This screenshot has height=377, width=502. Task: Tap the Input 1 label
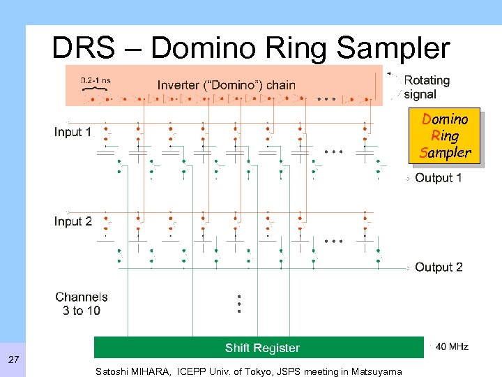[x=73, y=132]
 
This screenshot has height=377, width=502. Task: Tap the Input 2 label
[x=73, y=221]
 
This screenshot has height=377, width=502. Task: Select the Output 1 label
[x=439, y=178]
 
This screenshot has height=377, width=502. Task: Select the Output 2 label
[x=439, y=267]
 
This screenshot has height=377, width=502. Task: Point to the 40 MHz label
[x=452, y=347]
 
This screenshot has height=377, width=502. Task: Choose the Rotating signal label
[x=427, y=87]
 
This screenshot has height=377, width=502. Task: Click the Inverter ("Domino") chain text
[x=227, y=85]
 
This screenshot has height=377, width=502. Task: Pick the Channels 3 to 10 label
[x=82, y=304]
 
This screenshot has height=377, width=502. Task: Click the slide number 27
[x=13, y=360]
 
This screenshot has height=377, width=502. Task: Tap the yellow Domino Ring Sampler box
[x=446, y=135]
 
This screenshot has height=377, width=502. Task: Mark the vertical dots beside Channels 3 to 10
[x=238, y=303]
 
